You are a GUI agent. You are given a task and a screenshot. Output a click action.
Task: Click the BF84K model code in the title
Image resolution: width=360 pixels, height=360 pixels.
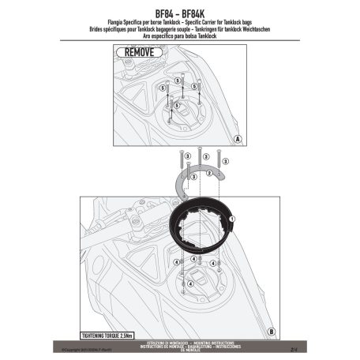199,7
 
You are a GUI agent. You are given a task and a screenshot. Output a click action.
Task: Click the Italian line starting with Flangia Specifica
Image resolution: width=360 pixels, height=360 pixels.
180,16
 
